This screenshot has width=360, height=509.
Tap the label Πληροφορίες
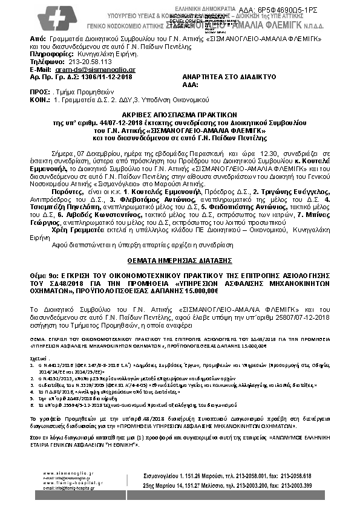click(50, 54)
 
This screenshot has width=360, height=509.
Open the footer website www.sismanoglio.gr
click(65, 473)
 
